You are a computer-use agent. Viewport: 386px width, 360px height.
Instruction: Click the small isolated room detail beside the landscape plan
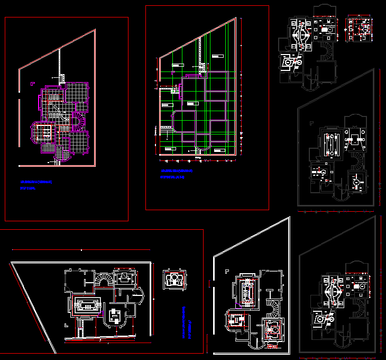coord(172,279)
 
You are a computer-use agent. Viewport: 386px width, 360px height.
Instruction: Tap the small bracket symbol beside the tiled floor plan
coord(33,84)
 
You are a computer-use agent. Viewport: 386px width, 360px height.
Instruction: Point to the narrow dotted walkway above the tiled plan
coord(61,64)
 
